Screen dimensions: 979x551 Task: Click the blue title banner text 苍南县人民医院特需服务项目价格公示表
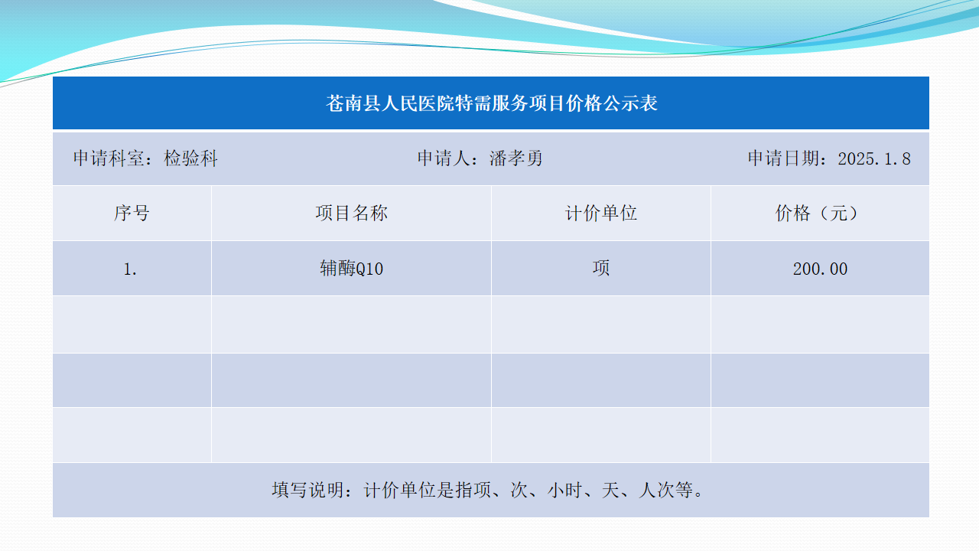492,103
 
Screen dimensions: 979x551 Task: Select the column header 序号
132,214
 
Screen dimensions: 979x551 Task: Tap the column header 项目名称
351,214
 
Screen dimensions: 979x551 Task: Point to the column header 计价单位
601,214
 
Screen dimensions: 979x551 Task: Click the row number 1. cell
130,269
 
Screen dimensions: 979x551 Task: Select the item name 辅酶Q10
351,269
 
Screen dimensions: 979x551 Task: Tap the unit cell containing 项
601,268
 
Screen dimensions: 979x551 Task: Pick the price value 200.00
820,269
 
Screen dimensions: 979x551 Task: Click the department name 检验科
190,158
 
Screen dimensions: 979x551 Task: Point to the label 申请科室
109,158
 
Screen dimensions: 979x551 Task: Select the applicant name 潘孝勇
516,158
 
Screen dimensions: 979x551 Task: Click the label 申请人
444,158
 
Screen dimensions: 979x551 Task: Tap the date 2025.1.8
874,158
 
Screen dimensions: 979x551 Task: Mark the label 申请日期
784,158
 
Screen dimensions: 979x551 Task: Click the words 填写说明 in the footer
307,491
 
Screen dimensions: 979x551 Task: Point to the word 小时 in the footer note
565,491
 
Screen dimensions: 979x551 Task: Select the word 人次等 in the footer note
665,491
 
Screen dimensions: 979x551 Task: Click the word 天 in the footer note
611,491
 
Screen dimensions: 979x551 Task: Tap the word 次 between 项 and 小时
519,491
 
